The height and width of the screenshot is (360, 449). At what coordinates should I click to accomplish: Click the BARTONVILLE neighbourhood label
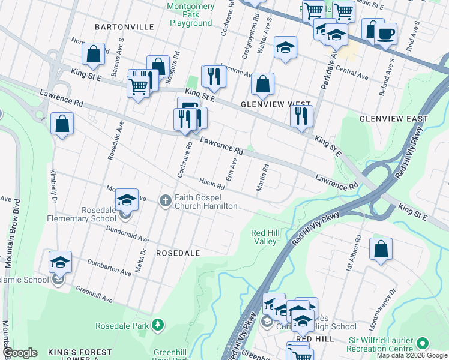tap(124, 27)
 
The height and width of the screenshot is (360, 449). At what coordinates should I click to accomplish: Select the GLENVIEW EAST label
tap(393, 119)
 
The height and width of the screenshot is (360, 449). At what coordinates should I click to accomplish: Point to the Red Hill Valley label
tap(264, 237)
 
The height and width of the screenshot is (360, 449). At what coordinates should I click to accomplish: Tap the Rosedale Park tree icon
tap(157, 325)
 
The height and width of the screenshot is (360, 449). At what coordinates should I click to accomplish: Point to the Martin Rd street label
tap(261, 178)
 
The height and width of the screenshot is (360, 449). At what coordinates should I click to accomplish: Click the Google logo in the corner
tap(20, 353)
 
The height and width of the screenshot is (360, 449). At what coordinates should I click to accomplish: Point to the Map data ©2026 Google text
tap(411, 355)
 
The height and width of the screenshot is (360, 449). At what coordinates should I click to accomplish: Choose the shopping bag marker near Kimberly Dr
tap(62, 124)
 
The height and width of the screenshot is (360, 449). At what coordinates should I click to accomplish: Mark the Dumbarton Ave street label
tap(109, 267)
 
